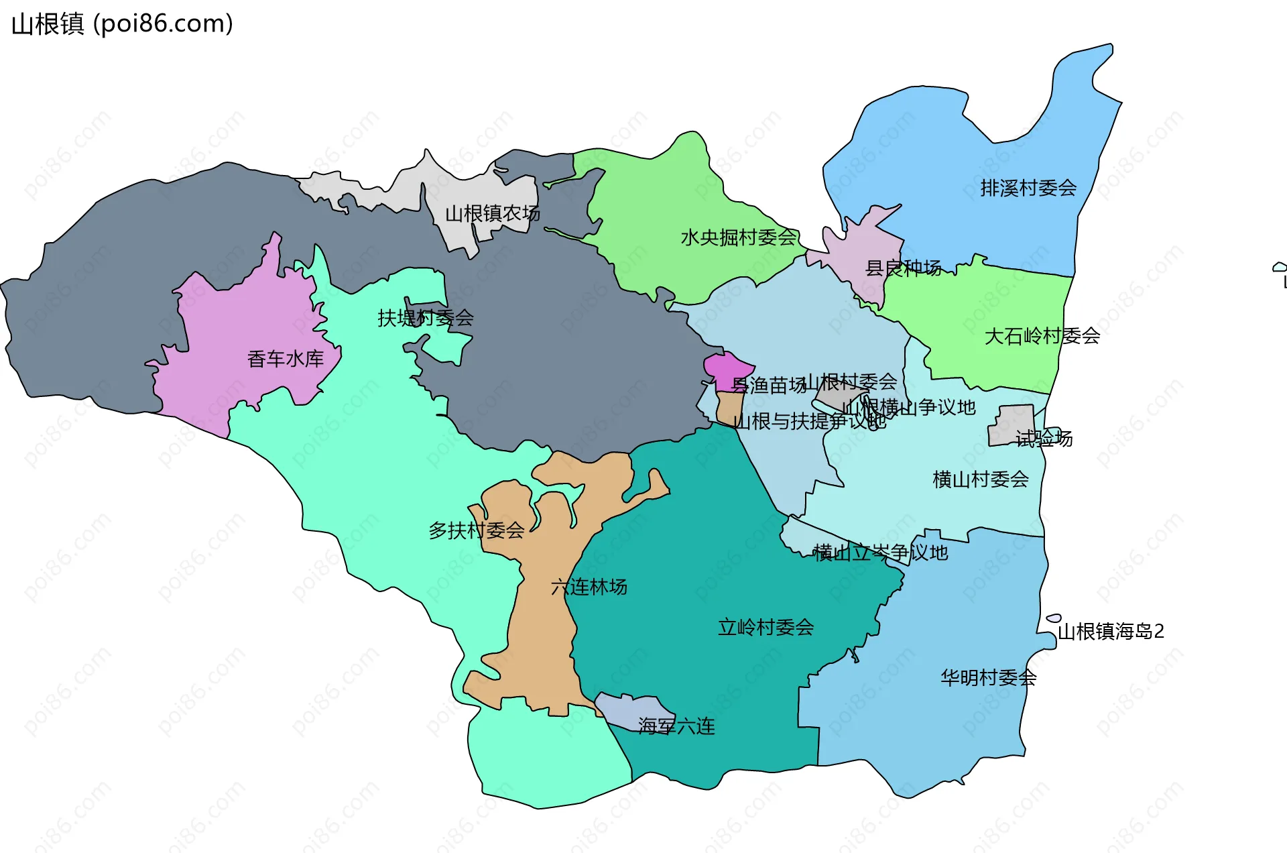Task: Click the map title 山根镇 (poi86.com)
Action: pyautogui.click(x=123, y=24)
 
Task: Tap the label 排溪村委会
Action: pyautogui.click(x=1028, y=188)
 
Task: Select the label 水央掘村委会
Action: pyautogui.click(x=739, y=237)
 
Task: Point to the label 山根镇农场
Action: pyautogui.click(x=493, y=214)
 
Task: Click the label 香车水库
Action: pyautogui.click(x=286, y=359)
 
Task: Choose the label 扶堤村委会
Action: pyautogui.click(x=426, y=318)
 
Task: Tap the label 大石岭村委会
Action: pyautogui.click(x=1042, y=336)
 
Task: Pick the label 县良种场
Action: pyautogui.click(x=904, y=268)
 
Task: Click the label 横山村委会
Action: pyautogui.click(x=981, y=479)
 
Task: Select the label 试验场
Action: pyautogui.click(x=1044, y=439)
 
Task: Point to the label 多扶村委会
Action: pyautogui.click(x=477, y=531)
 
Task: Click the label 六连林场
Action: pyautogui.click(x=589, y=587)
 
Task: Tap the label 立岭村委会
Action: pyautogui.click(x=766, y=628)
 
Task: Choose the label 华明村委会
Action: pyautogui.click(x=989, y=678)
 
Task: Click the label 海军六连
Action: pyautogui.click(x=676, y=726)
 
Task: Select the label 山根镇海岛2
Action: pyautogui.click(x=1111, y=632)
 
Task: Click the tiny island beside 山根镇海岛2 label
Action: pyautogui.click(x=1054, y=618)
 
